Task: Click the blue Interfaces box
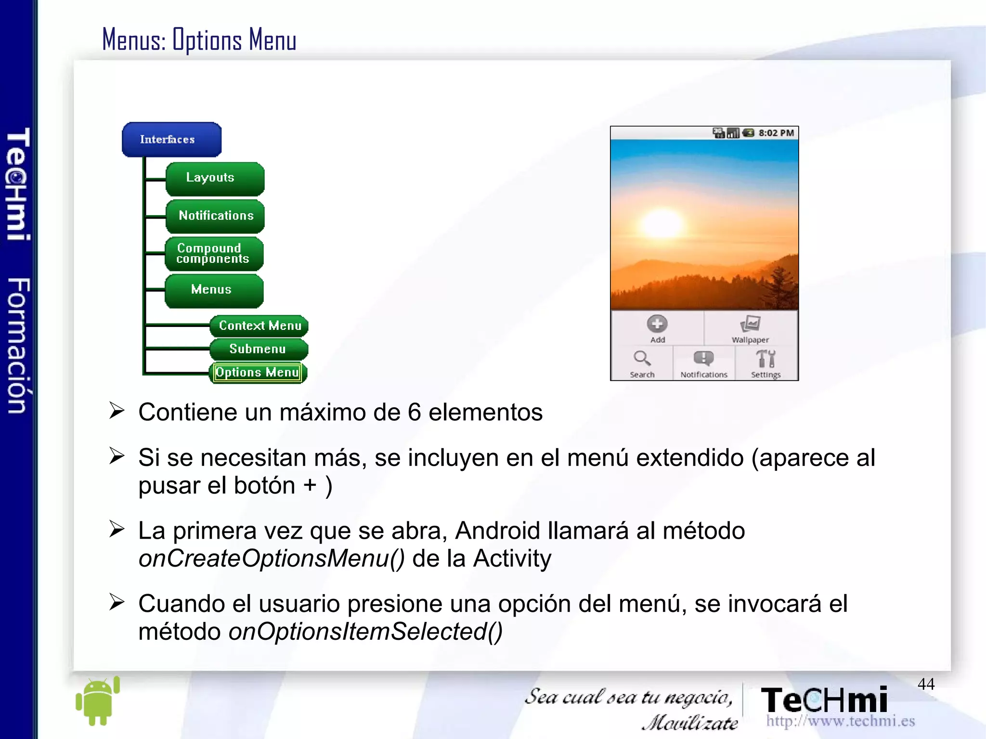[x=171, y=140]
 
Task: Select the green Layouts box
[x=215, y=179]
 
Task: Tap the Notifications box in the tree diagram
[x=215, y=216]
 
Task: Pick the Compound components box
[x=214, y=254]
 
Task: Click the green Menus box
[x=214, y=290]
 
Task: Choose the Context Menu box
[x=259, y=326]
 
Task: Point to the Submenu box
[x=259, y=349]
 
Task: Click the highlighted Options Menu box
[x=258, y=373]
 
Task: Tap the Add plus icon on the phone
[x=657, y=324]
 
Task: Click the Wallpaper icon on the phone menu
[x=750, y=324]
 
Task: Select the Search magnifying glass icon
[x=642, y=359]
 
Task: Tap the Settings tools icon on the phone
[x=765, y=359]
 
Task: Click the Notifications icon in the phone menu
[x=703, y=359]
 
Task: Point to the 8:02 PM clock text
[x=776, y=133]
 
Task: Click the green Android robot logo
[x=98, y=701]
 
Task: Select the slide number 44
[x=925, y=684]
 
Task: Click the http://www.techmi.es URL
[x=840, y=721]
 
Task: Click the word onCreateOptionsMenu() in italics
[x=272, y=559]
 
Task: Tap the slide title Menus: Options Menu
[x=199, y=40]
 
